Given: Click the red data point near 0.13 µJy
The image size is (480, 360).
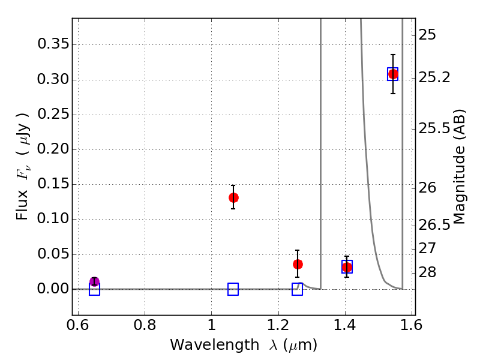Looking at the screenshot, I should (x=233, y=197).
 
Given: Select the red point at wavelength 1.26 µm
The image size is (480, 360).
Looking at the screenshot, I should (x=298, y=264).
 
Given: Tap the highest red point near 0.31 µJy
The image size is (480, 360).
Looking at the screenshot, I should (x=393, y=74).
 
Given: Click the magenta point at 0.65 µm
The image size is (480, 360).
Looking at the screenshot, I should (x=94, y=282).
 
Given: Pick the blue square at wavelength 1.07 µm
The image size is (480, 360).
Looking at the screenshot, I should (x=233, y=289).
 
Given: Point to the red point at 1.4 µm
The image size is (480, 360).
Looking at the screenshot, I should (x=347, y=267).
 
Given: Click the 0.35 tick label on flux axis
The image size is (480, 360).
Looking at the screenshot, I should (x=53, y=45).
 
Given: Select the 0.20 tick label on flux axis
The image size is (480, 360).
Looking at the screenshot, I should (x=53, y=149).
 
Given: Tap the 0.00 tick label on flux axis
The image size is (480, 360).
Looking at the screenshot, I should (x=53, y=289).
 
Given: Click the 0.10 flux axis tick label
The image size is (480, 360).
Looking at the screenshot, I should (x=53, y=220).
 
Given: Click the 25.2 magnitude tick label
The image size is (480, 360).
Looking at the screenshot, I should (x=434, y=78).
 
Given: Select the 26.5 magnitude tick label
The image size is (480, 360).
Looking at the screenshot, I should (x=434, y=225).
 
